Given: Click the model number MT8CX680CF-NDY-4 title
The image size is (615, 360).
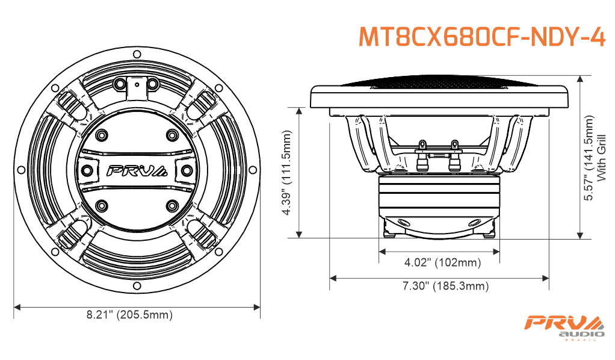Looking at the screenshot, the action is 482,37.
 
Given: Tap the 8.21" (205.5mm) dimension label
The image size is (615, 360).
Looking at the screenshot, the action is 129,315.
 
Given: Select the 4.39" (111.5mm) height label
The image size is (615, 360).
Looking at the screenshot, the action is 287,173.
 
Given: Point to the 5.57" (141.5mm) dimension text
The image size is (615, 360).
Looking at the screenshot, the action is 589,158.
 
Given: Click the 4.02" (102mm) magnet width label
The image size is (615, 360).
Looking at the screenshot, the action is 442,262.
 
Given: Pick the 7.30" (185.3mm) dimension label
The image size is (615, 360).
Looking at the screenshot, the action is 445,286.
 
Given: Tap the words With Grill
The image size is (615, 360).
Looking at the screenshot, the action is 601,158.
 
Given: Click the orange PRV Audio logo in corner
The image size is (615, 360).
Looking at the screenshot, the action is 565,327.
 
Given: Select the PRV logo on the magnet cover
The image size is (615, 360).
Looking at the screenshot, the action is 137,171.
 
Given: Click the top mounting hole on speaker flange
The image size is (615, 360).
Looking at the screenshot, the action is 137,54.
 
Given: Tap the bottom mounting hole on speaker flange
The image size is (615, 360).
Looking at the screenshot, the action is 137,286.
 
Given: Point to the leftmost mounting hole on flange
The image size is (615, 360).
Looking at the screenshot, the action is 21,170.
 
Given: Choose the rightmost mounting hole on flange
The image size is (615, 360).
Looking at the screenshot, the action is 253,170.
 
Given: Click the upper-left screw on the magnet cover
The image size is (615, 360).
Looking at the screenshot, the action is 102,135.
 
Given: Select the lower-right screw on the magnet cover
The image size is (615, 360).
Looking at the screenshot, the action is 172,205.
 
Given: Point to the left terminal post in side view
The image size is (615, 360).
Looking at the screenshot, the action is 422,155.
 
